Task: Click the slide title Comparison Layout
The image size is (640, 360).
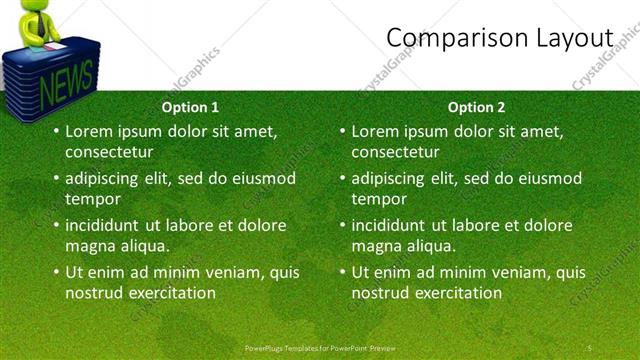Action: (x=499, y=37)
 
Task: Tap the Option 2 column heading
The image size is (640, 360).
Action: (x=476, y=107)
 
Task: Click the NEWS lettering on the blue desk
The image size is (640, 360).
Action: (x=67, y=78)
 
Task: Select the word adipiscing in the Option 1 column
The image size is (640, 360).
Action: (x=108, y=178)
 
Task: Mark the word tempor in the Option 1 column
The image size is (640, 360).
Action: (x=93, y=199)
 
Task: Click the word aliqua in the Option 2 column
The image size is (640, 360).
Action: (x=429, y=246)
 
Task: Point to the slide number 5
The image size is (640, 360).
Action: (x=590, y=347)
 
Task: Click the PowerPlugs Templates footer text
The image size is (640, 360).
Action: (x=320, y=347)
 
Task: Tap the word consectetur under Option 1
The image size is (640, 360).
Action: (x=109, y=152)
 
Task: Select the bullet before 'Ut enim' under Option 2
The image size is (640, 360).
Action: (x=342, y=272)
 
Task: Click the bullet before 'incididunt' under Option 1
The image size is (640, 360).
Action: (x=56, y=225)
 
